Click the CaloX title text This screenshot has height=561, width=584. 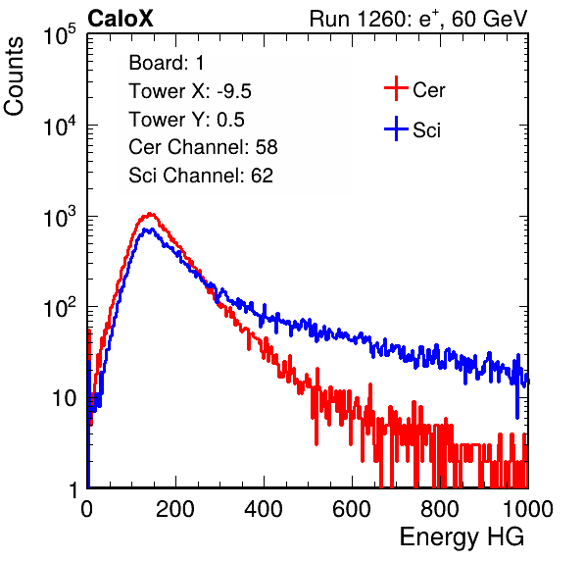[x=120, y=19]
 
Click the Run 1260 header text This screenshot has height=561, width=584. [x=418, y=19]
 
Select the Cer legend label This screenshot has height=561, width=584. [x=428, y=90]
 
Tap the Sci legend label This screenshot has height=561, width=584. [x=426, y=130]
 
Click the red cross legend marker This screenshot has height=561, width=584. [x=396, y=88]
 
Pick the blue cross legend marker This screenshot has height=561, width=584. [x=396, y=128]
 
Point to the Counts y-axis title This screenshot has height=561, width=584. [x=14, y=76]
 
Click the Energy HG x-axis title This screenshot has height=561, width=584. [x=462, y=536]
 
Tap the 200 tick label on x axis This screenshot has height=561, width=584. [x=175, y=509]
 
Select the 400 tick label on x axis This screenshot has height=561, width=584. [x=264, y=509]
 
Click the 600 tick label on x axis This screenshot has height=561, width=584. [x=352, y=509]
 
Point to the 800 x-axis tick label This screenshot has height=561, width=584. [x=440, y=509]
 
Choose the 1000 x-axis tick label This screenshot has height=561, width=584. [x=528, y=509]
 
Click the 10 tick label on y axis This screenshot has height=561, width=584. [x=65, y=398]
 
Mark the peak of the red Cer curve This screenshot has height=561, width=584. [x=150, y=214]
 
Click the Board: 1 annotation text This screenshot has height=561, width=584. [x=167, y=63]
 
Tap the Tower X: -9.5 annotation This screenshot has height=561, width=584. [x=190, y=91]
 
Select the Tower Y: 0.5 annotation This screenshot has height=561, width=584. [x=186, y=120]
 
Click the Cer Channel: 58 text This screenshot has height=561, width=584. [x=203, y=147]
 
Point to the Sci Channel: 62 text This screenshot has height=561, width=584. [x=201, y=176]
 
